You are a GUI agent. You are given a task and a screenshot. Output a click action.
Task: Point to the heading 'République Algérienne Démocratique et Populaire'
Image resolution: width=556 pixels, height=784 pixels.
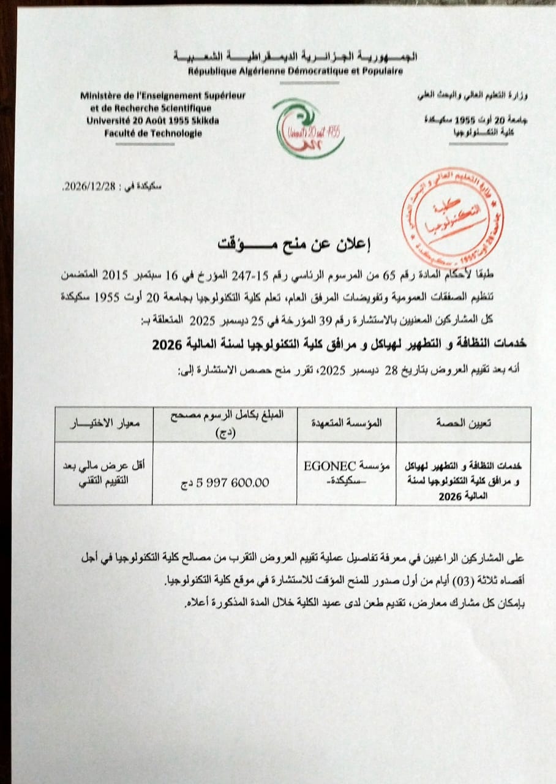(x=295, y=72)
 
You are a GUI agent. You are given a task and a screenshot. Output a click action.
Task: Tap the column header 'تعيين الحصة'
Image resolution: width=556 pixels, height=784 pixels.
(x=463, y=423)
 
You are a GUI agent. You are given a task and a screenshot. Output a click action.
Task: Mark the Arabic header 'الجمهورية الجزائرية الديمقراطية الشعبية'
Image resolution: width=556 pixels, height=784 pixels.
(x=295, y=57)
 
